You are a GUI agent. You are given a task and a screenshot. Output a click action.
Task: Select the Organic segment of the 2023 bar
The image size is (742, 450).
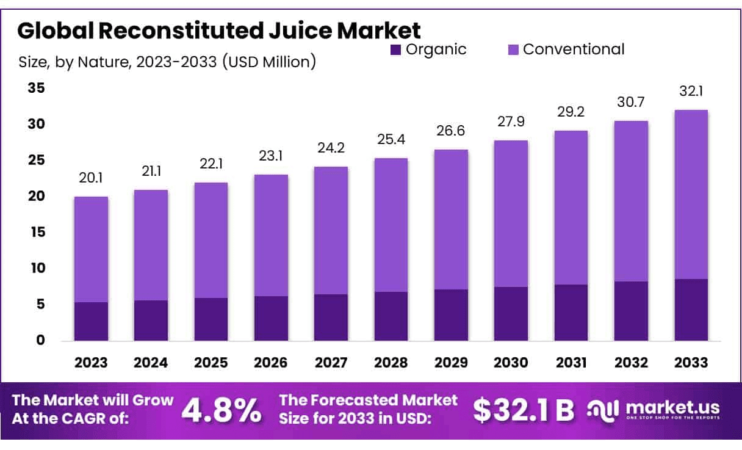[x=91, y=321]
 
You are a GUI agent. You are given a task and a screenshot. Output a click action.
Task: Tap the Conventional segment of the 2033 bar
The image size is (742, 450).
[x=691, y=194]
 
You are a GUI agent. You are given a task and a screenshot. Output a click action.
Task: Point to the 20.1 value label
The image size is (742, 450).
[x=91, y=178]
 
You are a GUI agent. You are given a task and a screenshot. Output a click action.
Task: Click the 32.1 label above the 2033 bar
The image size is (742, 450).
[x=691, y=91]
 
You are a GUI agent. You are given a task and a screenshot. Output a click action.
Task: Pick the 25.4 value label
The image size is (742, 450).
[x=391, y=139]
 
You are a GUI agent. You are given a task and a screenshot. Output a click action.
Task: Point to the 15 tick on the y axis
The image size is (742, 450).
[x=37, y=233]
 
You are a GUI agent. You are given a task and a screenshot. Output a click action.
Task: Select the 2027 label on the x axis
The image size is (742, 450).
[x=331, y=363]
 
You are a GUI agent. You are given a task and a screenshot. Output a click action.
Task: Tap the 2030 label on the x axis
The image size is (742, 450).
[x=511, y=363]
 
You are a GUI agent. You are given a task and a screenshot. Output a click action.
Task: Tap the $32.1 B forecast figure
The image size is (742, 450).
[x=524, y=411]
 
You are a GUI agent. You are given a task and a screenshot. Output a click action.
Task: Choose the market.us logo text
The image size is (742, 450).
[x=671, y=407]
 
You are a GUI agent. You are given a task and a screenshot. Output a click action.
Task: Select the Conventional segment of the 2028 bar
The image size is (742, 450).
[x=391, y=225]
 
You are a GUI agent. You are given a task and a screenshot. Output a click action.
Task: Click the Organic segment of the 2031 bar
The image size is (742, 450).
[x=571, y=313]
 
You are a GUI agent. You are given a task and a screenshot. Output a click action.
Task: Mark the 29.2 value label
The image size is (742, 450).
[x=571, y=112]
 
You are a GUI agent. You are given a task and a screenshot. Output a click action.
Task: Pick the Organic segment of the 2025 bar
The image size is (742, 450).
[x=211, y=319]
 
